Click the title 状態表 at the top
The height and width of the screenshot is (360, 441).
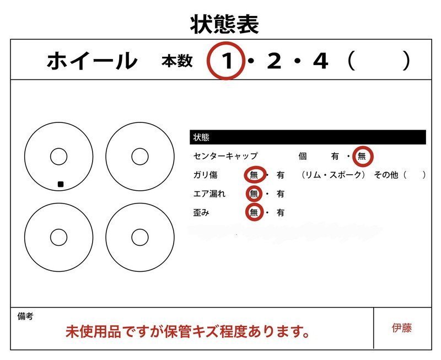click(x=224, y=24)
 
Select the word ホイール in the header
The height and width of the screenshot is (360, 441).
click(x=92, y=61)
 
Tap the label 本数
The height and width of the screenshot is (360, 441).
click(x=177, y=61)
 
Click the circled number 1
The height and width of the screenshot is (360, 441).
click(x=227, y=61)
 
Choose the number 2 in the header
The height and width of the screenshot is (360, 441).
click(x=274, y=61)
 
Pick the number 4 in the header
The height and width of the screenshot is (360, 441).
click(x=320, y=61)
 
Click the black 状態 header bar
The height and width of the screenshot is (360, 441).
click(x=308, y=137)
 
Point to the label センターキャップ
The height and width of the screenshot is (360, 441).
click(x=225, y=156)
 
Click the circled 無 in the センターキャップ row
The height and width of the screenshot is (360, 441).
click(x=362, y=156)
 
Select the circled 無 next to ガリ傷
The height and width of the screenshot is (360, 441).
click(x=254, y=175)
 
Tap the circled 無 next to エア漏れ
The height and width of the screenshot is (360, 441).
click(x=254, y=194)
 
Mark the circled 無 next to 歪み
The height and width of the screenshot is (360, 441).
click(x=254, y=212)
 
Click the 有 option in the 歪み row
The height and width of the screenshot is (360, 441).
click(x=281, y=212)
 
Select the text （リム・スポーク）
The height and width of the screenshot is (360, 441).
click(x=334, y=175)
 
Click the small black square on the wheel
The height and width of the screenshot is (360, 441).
click(x=61, y=184)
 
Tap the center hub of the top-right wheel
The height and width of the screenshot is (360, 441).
click(x=140, y=157)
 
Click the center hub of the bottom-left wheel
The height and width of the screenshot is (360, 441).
click(x=58, y=238)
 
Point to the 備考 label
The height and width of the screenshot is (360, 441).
click(x=25, y=316)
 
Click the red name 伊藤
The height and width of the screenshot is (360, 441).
click(x=402, y=329)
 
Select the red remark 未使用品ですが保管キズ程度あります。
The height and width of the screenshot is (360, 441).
click(x=187, y=331)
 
